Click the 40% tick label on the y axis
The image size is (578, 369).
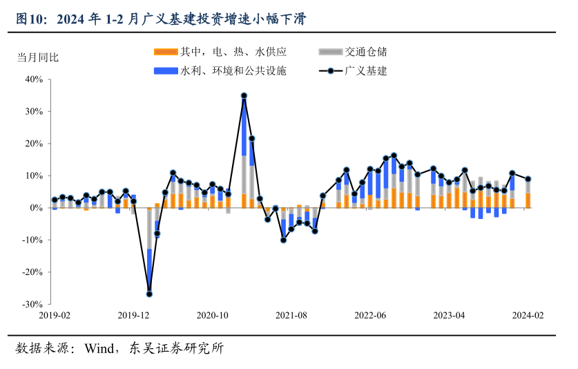[33, 79]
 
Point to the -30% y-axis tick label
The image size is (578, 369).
[32, 304]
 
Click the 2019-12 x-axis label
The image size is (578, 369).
[133, 315]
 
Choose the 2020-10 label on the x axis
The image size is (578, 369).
[212, 315]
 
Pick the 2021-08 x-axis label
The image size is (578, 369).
[291, 315]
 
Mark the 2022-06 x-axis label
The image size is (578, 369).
[370, 315]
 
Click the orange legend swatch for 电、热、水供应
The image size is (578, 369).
[166, 52]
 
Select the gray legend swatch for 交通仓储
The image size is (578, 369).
[331, 52]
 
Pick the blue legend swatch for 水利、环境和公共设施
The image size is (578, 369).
[166, 70]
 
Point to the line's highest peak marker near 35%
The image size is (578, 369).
[244, 96]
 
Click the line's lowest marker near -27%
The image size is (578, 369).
[149, 294]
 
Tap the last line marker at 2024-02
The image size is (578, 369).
[528, 179]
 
